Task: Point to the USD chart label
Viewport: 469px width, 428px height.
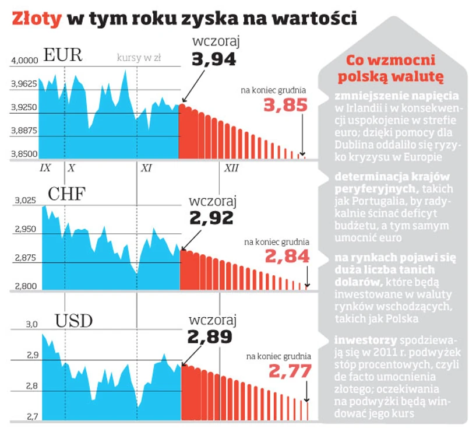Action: (74, 320)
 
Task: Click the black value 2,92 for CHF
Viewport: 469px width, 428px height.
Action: (211, 218)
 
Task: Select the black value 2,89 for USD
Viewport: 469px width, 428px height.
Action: (210, 337)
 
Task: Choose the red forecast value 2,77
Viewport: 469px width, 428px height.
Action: (290, 371)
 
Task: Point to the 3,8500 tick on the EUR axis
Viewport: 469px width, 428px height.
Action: (24, 155)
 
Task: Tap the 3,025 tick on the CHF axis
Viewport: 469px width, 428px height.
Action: (24, 201)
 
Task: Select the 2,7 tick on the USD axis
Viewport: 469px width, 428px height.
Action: (30, 418)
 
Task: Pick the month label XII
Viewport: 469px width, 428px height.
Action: (231, 169)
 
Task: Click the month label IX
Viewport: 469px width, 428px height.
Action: (45, 169)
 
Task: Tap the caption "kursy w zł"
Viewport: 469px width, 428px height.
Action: (139, 57)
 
